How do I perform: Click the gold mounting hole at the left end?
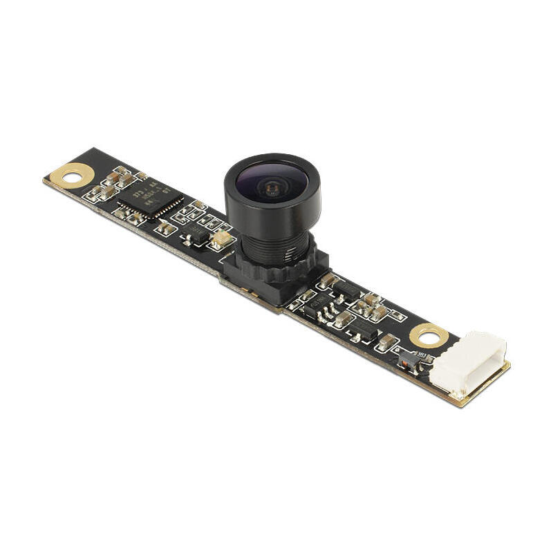[x=70, y=176]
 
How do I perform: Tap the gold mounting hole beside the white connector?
[x=429, y=337]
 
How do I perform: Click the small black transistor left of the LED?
[x=197, y=236]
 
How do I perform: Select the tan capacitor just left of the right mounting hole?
[x=389, y=341]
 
